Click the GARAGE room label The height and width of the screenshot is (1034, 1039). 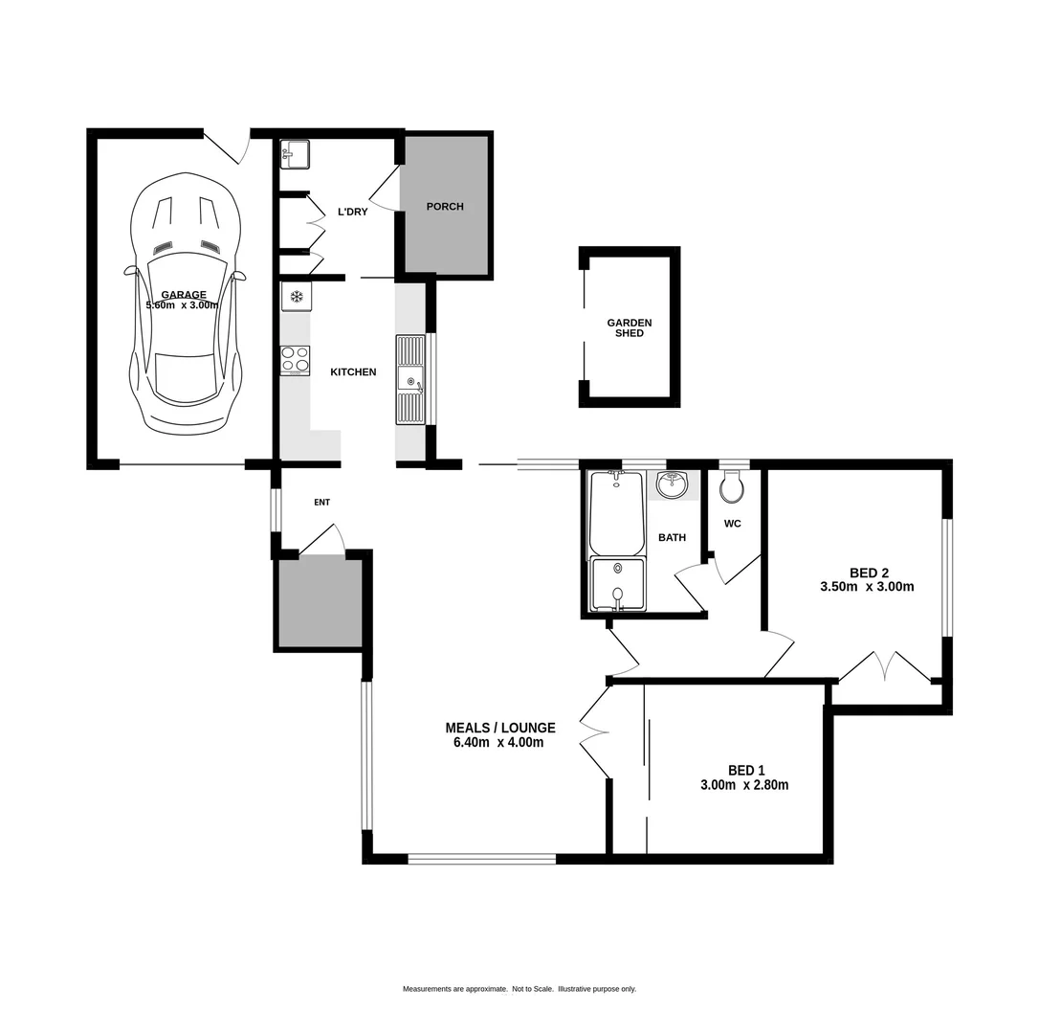tap(183, 295)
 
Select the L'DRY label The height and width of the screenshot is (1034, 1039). tap(352, 212)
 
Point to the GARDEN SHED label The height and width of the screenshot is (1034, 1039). tap(630, 328)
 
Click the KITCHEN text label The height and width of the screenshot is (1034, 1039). tap(353, 371)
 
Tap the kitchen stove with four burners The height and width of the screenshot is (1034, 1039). tap(295, 359)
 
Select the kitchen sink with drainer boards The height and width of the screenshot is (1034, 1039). tap(410, 380)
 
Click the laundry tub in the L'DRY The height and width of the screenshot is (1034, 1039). tap(295, 154)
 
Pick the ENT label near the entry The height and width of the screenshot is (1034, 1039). tap(321, 502)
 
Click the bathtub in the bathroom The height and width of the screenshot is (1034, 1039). tap(617, 513)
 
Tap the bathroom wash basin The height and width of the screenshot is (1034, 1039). tap(673, 484)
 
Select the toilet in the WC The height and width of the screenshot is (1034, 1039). tap(732, 486)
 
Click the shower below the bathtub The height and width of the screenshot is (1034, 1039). tap(617, 583)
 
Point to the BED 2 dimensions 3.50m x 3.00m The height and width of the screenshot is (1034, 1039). tap(867, 587)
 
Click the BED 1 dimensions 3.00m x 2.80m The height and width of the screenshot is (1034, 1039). tap(744, 785)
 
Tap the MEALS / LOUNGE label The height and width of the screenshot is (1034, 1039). tap(499, 728)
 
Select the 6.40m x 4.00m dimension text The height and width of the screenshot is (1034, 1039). tap(498, 742)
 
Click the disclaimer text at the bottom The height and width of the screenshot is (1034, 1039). tap(519, 989)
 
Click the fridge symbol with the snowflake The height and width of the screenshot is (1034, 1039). tap(297, 297)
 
